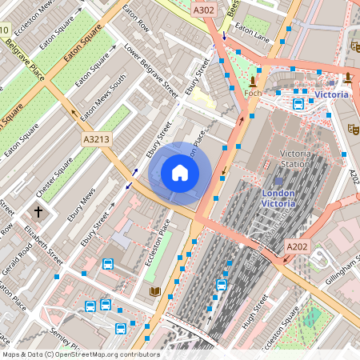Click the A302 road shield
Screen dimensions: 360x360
203,9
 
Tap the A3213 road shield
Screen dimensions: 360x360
95,139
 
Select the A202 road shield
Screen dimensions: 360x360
296,247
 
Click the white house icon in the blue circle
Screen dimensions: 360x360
180,172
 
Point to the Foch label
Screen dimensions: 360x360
254,94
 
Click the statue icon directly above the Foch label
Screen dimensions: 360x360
254,81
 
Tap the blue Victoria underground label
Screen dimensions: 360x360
331,94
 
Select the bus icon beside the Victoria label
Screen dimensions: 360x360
298,103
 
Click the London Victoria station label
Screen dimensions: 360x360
278,198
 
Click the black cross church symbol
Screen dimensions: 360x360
37,212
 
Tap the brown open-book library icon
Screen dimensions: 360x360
154,291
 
